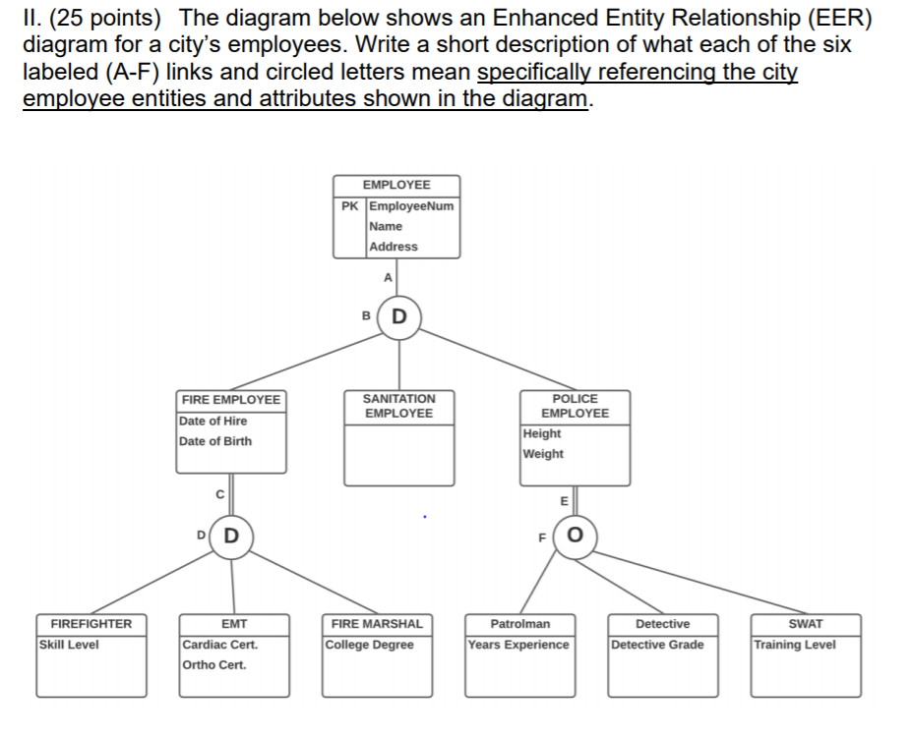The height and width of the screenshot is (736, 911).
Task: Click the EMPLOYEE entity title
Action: click(x=396, y=185)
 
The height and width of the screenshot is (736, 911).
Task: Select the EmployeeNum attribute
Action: click(x=411, y=205)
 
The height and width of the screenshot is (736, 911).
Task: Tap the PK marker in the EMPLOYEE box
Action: click(x=350, y=205)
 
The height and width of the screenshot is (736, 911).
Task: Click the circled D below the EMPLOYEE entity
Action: click(x=398, y=316)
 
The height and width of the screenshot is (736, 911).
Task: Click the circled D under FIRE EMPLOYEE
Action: click(x=231, y=537)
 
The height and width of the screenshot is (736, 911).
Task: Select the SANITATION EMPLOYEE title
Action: click(x=398, y=406)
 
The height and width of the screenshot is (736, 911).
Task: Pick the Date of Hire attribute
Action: click(x=213, y=421)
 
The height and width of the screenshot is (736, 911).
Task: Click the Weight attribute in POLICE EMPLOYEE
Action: click(x=544, y=454)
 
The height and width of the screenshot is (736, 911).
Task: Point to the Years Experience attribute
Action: click(x=518, y=645)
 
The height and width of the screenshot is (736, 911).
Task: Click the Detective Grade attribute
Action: click(x=657, y=645)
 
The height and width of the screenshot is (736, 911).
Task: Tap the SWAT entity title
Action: click(x=807, y=624)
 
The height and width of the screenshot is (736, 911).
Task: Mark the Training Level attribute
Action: click(x=795, y=645)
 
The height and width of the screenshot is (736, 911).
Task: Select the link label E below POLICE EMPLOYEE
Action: click(x=564, y=500)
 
